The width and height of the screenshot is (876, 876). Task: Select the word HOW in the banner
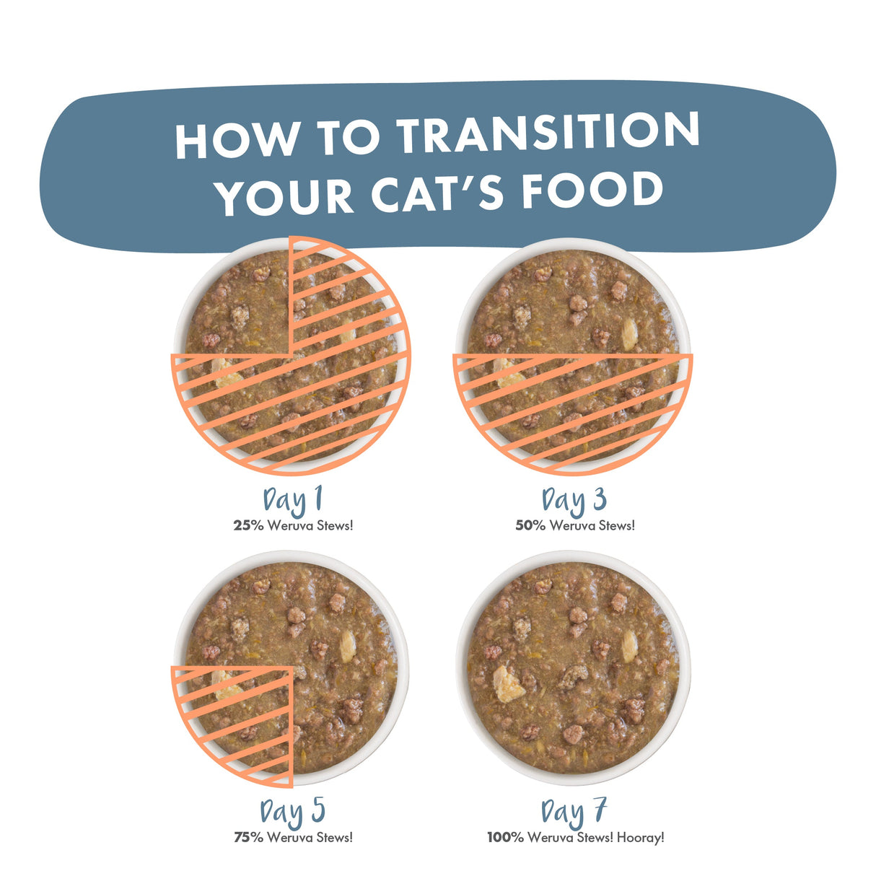tap(237, 139)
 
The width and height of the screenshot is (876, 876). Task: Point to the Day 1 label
tap(293, 500)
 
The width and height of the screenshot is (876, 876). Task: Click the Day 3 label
tap(574, 500)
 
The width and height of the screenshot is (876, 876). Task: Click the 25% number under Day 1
tap(248, 526)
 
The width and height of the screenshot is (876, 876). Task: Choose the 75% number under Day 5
tap(249, 838)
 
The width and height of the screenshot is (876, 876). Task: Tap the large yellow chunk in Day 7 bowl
tap(509, 684)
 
